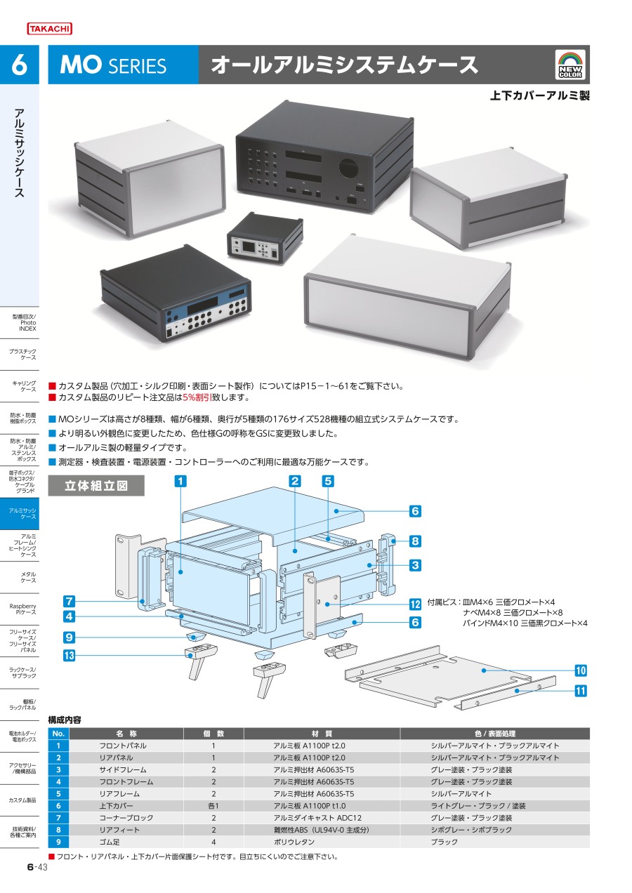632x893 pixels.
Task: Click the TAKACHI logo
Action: click(x=49, y=29)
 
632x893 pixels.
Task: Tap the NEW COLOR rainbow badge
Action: click(x=570, y=65)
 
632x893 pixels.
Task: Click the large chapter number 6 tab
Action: click(x=19, y=65)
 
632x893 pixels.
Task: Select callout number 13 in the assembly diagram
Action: click(x=69, y=656)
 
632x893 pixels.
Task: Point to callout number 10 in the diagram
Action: click(x=581, y=670)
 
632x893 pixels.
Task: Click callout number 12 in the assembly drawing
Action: click(x=415, y=603)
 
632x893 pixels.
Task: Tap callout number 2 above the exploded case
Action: click(x=295, y=481)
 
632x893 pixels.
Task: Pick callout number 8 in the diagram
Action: click(x=415, y=541)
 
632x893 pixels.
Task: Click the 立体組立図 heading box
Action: click(x=96, y=486)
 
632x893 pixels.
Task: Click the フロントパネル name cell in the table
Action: click(x=123, y=746)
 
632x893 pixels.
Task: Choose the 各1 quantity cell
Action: click(x=213, y=806)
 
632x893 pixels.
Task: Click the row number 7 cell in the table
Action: click(x=59, y=818)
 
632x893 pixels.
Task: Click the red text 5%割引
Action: click(x=201, y=397)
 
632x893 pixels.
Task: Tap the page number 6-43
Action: click(x=37, y=868)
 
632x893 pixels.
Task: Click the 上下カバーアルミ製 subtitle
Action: click(x=539, y=95)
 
